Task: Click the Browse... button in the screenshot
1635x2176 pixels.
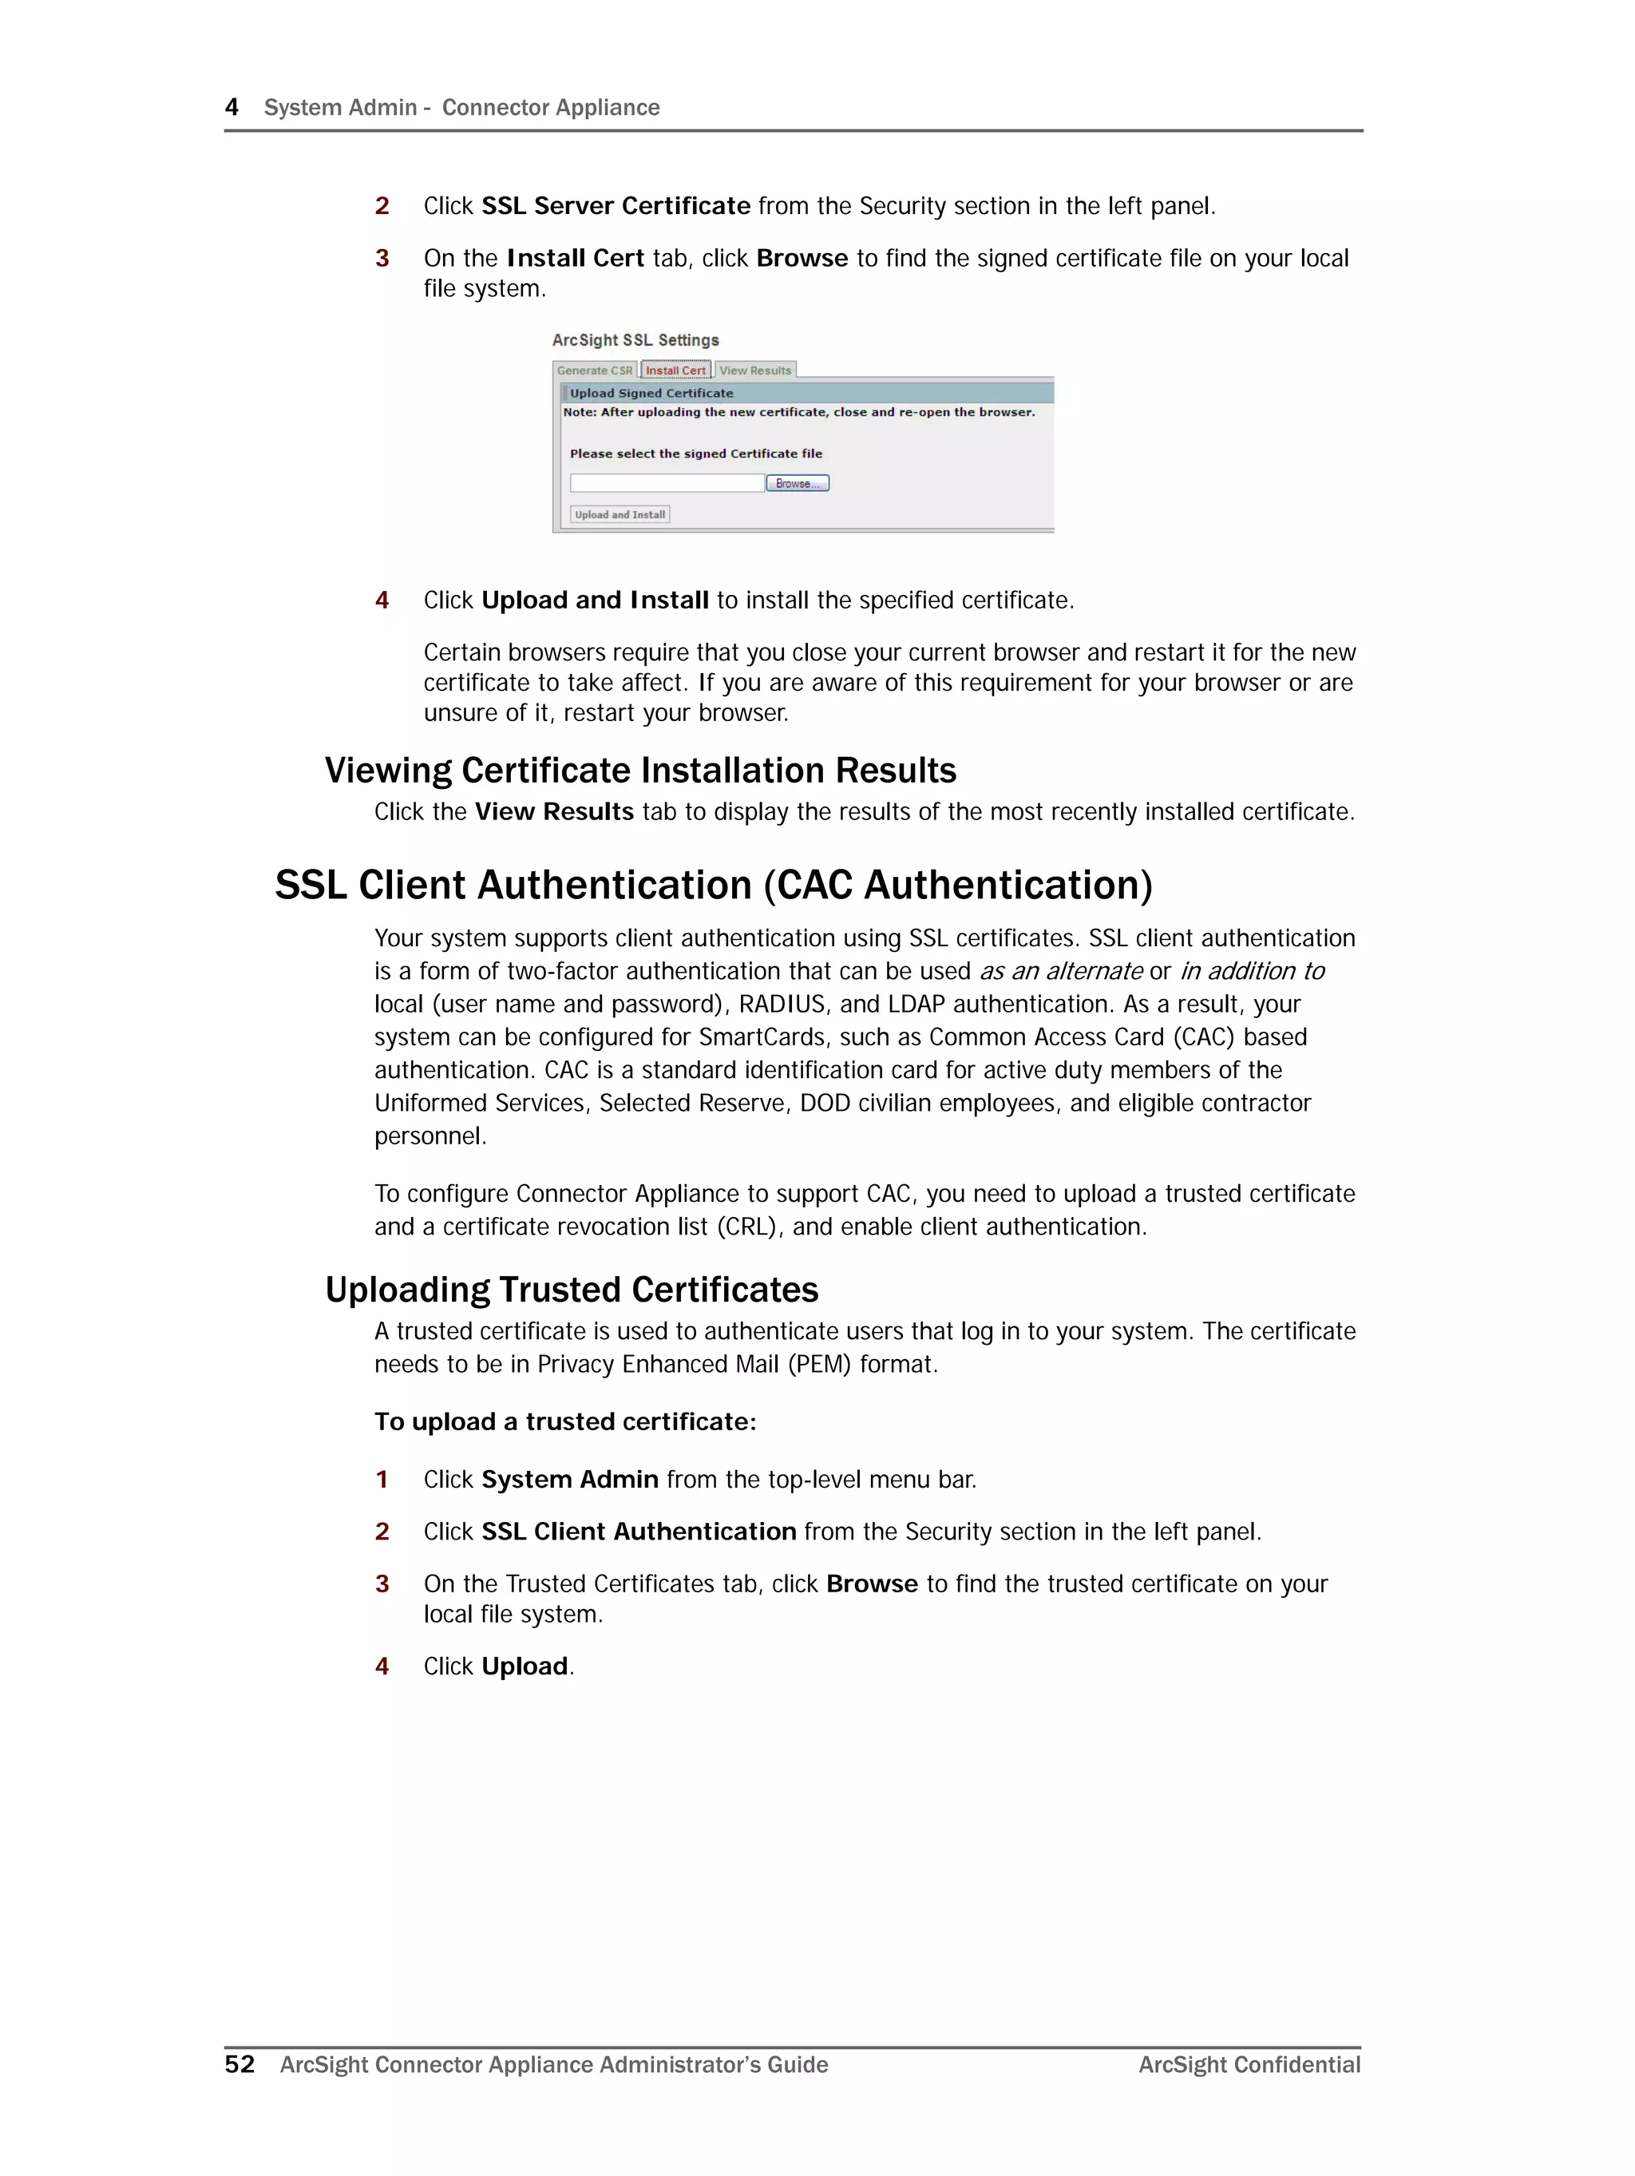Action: pos(797,483)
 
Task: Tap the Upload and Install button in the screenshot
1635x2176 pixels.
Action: pos(620,514)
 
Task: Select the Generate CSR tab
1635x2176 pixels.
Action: pos(594,371)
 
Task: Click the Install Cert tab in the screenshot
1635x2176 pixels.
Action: pos(676,371)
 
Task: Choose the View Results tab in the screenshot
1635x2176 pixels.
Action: pos(754,371)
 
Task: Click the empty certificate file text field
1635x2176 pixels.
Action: pos(667,483)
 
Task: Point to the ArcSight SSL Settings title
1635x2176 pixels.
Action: pos(635,340)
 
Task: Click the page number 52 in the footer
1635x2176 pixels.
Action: pos(239,2064)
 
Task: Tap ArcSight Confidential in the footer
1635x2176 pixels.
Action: pos(1249,2065)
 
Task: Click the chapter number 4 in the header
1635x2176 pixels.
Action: pos(232,107)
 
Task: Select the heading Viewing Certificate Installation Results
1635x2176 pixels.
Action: pos(640,771)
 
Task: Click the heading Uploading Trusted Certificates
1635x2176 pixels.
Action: pos(572,1290)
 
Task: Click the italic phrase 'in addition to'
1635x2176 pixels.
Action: pos(1253,971)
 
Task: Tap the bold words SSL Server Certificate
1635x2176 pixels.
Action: pos(616,205)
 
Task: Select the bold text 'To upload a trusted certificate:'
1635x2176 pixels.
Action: pos(564,1421)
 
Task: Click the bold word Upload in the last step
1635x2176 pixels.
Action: pos(525,1667)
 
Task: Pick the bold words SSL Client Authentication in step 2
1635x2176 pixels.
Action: pos(639,1532)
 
